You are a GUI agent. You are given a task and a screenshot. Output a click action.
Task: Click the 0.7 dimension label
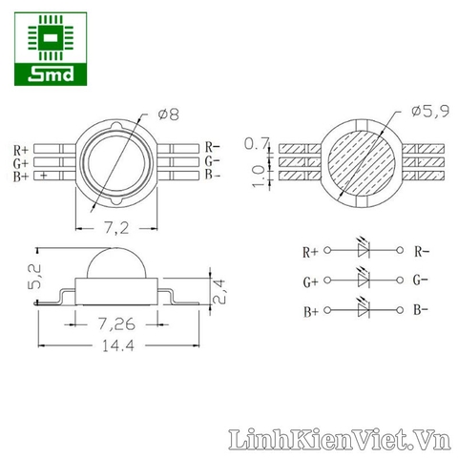point(256,144)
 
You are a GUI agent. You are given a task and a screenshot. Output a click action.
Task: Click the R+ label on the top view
point(21,150)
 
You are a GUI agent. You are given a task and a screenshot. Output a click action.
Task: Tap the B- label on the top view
point(213,176)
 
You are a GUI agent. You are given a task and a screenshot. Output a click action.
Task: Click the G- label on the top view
point(213,161)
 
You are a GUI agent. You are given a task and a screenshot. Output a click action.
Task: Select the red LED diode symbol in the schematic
point(363,252)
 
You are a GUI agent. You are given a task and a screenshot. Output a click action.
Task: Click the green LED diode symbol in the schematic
point(363,281)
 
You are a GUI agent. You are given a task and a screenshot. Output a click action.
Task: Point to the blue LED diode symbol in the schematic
point(363,311)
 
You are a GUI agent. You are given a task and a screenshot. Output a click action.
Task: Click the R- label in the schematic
point(422,252)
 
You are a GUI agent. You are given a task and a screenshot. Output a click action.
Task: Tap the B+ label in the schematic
point(310,312)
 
